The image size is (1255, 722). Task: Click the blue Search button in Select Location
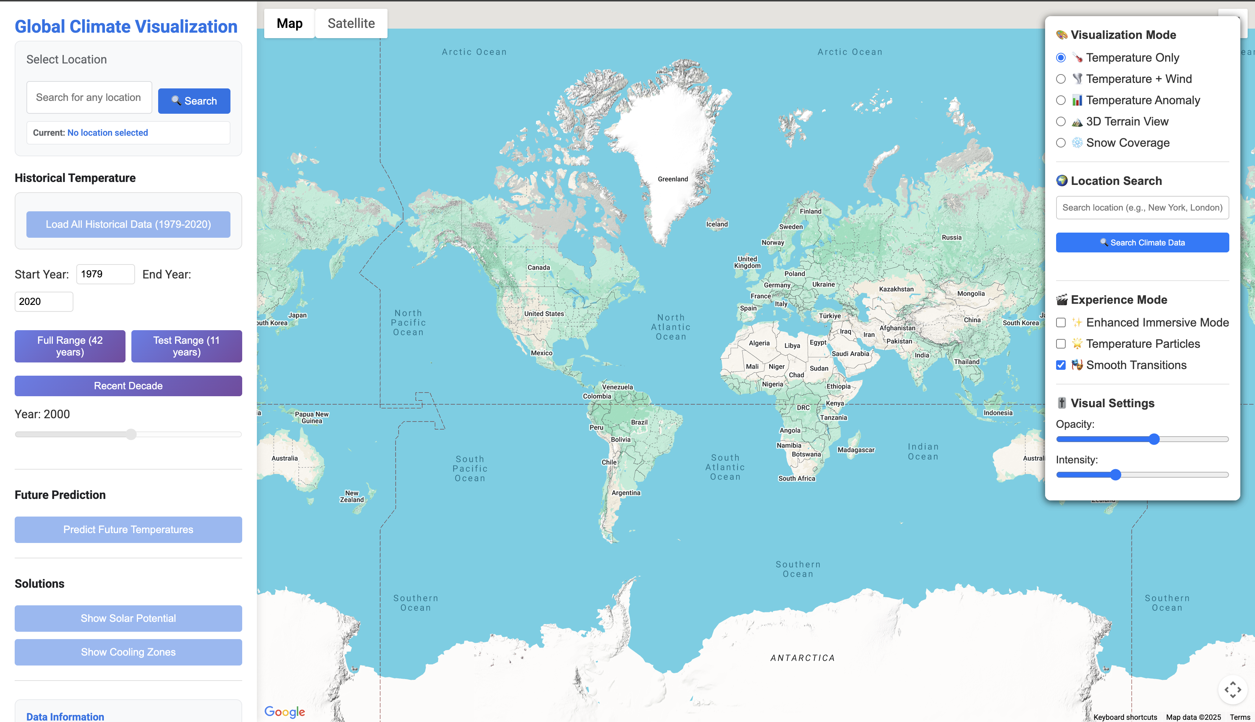(x=194, y=101)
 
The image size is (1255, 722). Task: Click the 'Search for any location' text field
(x=89, y=97)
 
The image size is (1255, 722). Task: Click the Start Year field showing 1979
(x=105, y=274)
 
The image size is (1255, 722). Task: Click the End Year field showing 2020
(x=44, y=302)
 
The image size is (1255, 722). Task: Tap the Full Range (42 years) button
(x=70, y=346)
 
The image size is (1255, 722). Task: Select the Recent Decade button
(x=128, y=386)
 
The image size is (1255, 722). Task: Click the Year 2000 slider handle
(x=131, y=434)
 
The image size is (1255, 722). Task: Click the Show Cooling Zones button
(x=128, y=652)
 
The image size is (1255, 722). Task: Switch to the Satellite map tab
(x=351, y=23)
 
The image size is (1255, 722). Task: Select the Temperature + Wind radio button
(x=1061, y=79)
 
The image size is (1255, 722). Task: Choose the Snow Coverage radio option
(x=1061, y=143)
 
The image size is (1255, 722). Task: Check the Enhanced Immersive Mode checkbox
(x=1061, y=322)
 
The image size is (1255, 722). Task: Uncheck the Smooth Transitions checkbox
(x=1061, y=365)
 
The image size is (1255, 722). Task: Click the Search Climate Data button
(x=1142, y=243)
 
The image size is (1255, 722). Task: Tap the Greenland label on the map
(x=672, y=179)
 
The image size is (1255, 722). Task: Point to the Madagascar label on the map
(x=856, y=450)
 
